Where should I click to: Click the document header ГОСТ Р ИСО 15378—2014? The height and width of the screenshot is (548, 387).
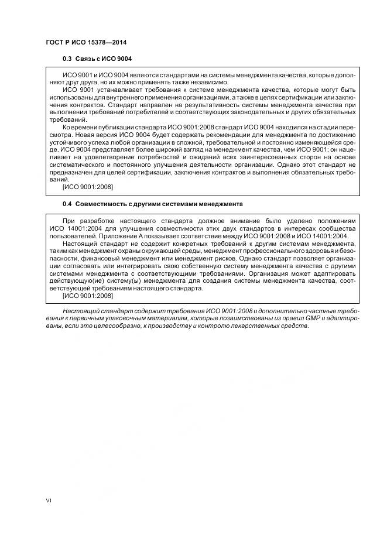pos(86,43)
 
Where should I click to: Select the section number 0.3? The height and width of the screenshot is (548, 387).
pos(66,59)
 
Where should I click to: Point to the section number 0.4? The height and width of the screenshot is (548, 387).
pos(66,203)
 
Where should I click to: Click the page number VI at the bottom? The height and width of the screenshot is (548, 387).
pos(49,501)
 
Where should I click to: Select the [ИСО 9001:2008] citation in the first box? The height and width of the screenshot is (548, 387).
pos(87,187)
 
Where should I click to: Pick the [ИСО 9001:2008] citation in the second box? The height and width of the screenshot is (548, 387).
pos(87,296)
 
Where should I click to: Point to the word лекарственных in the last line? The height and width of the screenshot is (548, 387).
pos(259,326)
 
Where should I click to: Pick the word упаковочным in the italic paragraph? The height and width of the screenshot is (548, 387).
pos(115,318)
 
